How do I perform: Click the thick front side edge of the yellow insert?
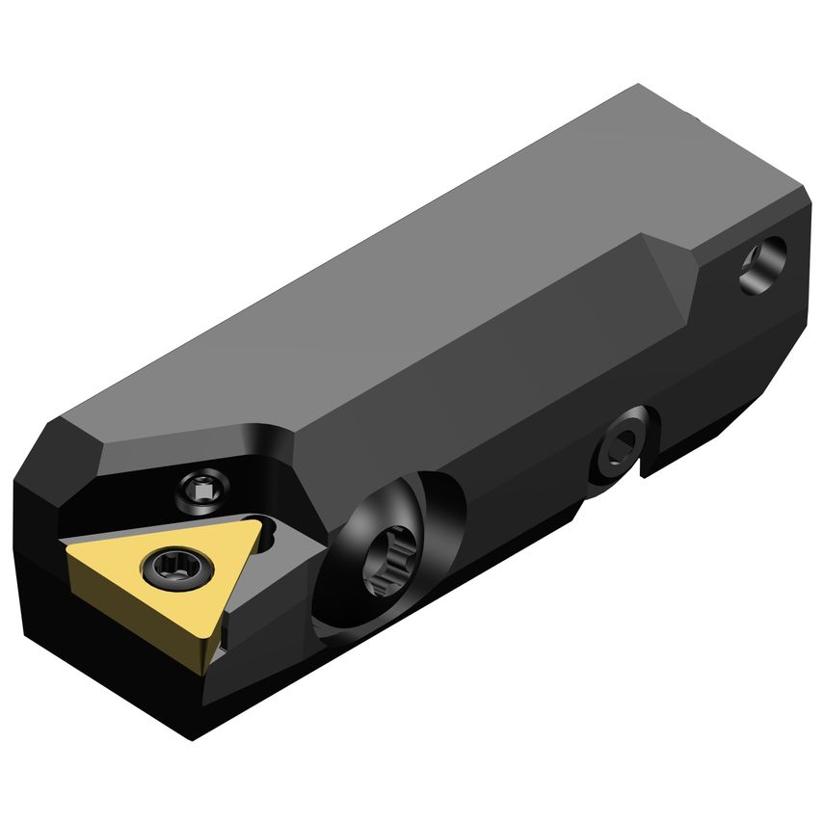[x=135, y=626]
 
